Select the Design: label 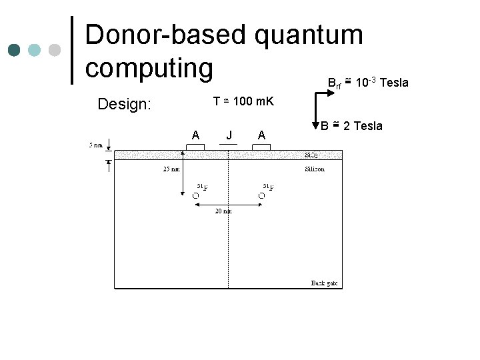[x=125, y=104]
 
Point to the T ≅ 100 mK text [x=243, y=101]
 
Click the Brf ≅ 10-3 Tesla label [x=367, y=83]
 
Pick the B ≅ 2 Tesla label [x=351, y=125]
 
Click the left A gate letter [x=195, y=135]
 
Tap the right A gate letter [x=262, y=135]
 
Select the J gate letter [x=229, y=135]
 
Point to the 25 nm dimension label [x=171, y=169]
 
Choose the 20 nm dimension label [x=223, y=211]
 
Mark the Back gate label [x=325, y=283]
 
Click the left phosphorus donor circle [x=195, y=195]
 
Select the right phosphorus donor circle [x=261, y=195]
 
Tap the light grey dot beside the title [x=55, y=50]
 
